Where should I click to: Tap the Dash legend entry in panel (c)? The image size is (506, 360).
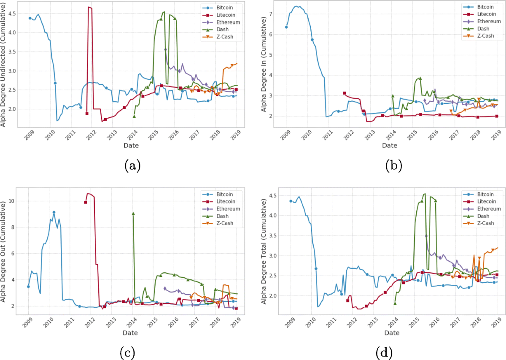[x=220, y=216]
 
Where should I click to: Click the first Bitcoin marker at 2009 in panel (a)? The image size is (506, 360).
[x=30, y=18]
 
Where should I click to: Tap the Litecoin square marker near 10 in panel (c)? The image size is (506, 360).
[x=86, y=202]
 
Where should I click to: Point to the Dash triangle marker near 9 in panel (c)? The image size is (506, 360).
[x=133, y=214]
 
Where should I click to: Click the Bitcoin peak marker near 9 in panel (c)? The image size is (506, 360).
[x=54, y=212]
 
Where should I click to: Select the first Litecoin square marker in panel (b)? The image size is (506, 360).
[x=345, y=93]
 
